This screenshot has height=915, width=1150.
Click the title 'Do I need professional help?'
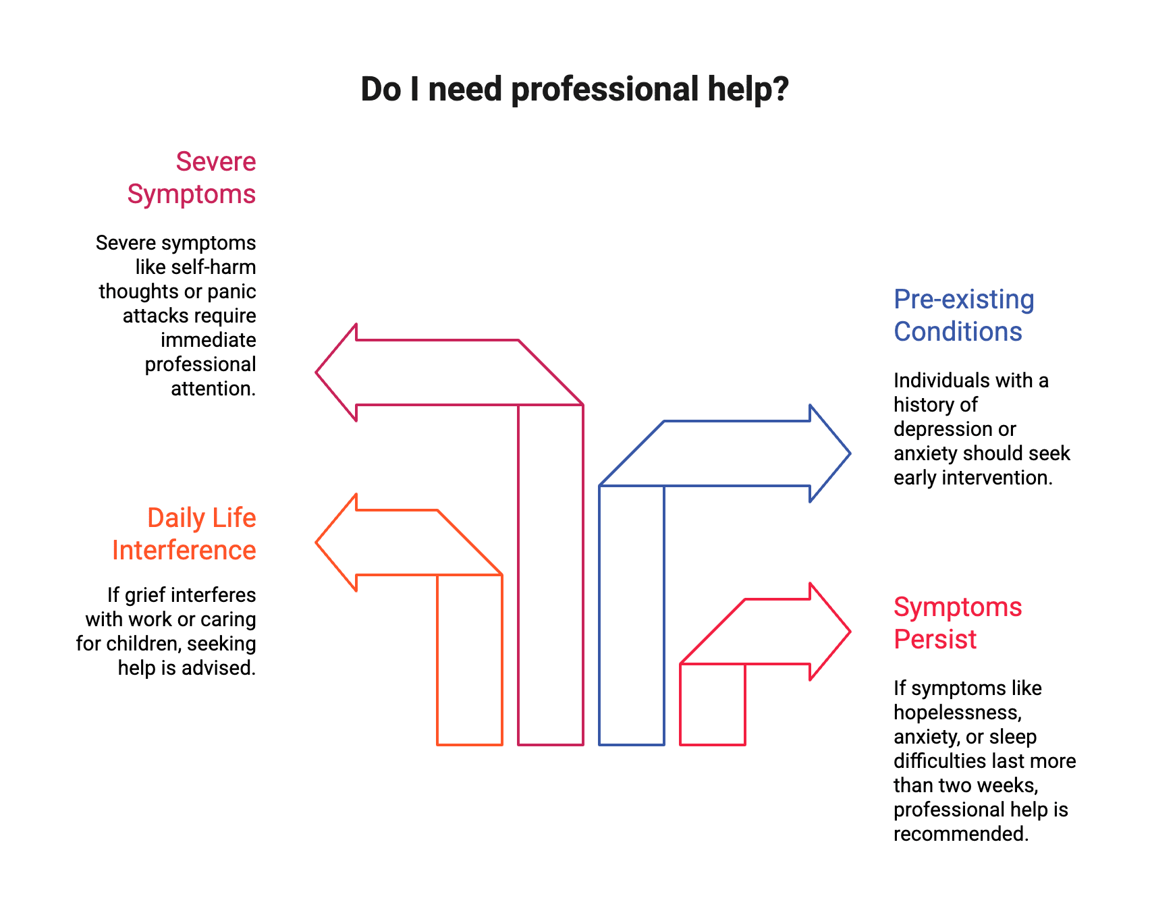[x=574, y=89]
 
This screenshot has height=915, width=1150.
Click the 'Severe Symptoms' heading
[x=192, y=178]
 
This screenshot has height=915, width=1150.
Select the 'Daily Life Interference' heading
[x=184, y=534]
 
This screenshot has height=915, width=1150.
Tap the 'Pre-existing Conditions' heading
[x=963, y=315]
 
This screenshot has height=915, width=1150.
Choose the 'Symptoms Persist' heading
[x=958, y=623]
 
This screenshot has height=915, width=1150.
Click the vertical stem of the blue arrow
[x=632, y=615]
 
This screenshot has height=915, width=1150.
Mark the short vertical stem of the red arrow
[x=713, y=704]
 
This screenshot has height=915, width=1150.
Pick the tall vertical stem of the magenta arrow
[x=551, y=574]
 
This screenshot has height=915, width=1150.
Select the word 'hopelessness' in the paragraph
[x=957, y=713]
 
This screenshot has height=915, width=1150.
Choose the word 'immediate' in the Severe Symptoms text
[x=209, y=340]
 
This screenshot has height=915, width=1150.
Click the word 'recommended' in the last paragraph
[x=960, y=834]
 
